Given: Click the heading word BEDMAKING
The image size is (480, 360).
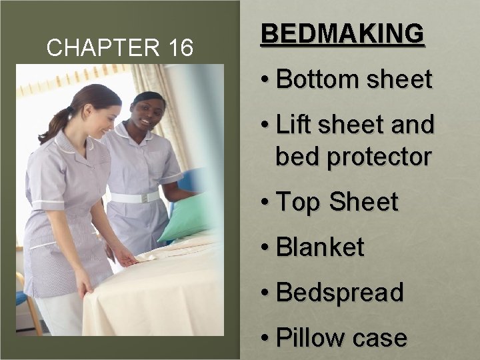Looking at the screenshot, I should [342, 33].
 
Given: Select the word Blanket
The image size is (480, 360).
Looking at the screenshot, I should [320, 247].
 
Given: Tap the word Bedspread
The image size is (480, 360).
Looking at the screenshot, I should [339, 293].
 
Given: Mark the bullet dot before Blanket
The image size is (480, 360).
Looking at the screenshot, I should [266, 248].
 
